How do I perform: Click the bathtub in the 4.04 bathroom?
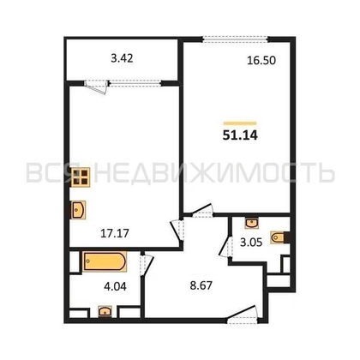pos(103,260)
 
